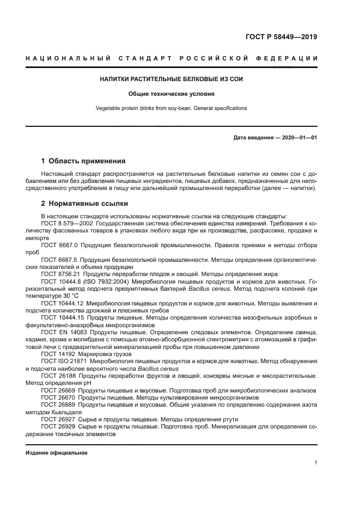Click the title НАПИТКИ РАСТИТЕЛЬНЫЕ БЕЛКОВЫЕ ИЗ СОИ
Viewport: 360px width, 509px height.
coord(171,79)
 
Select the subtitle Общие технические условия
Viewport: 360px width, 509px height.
coord(171,94)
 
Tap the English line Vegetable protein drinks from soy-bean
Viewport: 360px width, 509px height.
coord(171,108)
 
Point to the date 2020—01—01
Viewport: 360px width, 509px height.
coord(299,138)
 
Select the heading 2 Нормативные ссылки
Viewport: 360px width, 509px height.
coord(84,204)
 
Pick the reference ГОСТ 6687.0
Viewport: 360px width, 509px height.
coord(59,245)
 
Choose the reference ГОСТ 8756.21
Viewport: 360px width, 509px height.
coord(61,273)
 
